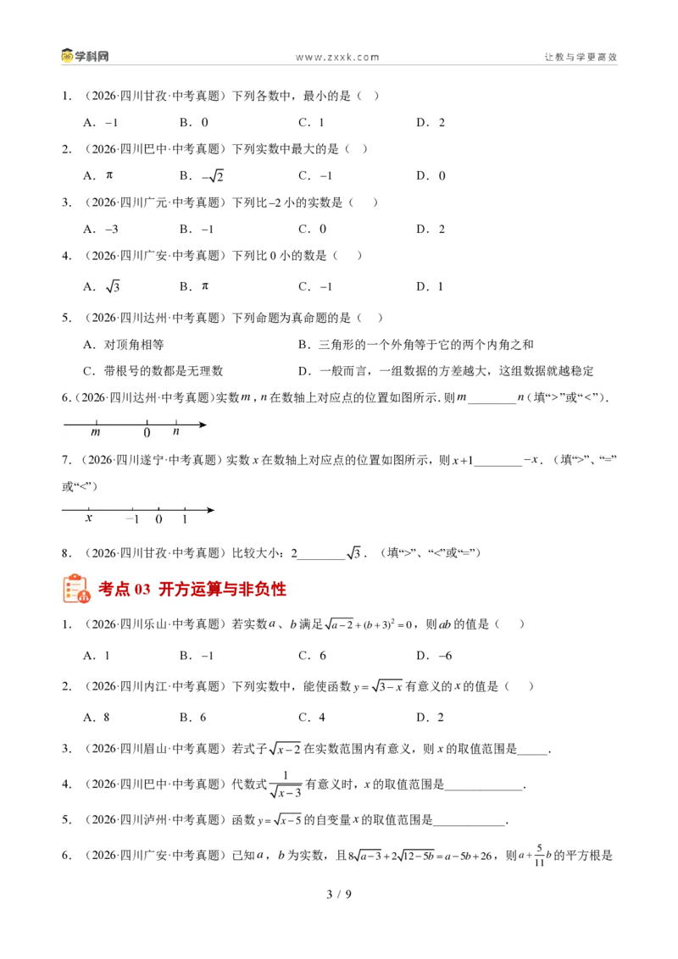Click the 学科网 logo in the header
(85, 56)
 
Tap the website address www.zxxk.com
(338, 57)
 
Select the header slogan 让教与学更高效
(581, 57)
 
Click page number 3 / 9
(339, 894)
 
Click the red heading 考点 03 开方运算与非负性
(192, 589)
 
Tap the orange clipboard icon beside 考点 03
(76, 589)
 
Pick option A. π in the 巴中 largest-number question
(98, 175)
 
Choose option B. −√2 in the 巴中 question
(202, 175)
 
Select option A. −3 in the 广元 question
(101, 230)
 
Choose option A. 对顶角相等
(124, 344)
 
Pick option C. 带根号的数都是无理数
(153, 370)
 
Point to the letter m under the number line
(96, 432)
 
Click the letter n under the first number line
(176, 431)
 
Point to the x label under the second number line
(89, 518)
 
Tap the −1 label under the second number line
(132, 519)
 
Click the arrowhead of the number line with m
(203, 424)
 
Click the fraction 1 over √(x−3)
(286, 785)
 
